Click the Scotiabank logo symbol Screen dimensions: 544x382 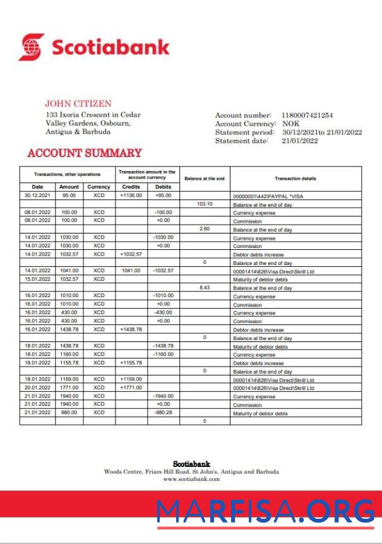32,47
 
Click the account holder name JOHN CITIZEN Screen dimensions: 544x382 78,103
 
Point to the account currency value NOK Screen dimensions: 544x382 291,124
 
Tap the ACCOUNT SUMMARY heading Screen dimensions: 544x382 85,153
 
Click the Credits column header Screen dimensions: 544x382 131,187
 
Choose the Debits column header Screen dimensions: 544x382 163,187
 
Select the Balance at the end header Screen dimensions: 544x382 204,179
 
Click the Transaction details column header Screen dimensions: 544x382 295,179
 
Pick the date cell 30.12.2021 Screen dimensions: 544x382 37,196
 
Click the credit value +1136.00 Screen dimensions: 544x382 131,196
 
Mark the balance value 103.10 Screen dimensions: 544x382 205,204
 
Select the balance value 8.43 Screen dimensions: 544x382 205,287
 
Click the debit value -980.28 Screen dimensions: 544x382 163,412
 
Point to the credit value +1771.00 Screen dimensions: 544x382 131,387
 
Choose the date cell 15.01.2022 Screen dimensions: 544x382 37,279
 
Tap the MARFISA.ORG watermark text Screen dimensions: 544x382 265,511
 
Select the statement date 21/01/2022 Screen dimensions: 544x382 300,141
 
